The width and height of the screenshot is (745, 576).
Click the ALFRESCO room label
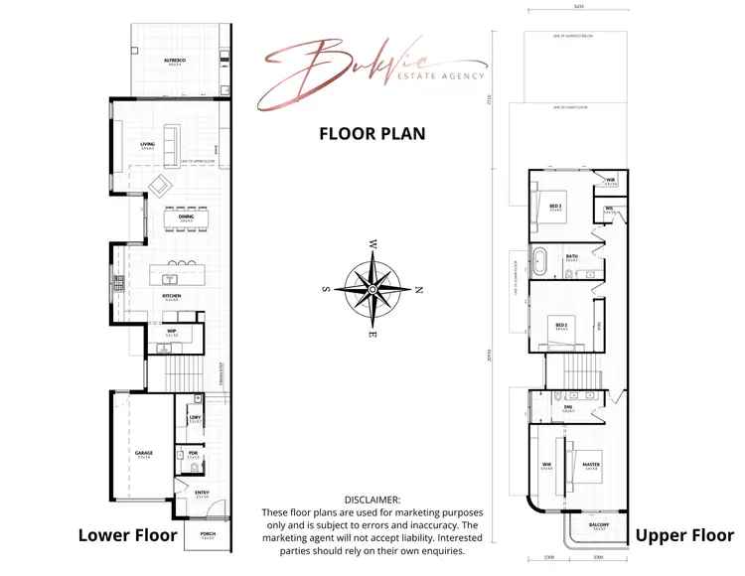(175, 61)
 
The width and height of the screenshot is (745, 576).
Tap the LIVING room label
(147, 144)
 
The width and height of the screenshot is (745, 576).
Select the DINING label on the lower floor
(186, 217)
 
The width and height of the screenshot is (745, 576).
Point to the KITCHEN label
(172, 296)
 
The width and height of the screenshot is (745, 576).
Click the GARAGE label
(144, 453)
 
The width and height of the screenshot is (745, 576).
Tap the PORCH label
(207, 533)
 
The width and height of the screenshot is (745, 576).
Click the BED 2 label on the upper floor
(561, 324)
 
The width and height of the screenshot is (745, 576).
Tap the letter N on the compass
(419, 290)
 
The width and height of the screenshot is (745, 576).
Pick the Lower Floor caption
(127, 537)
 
